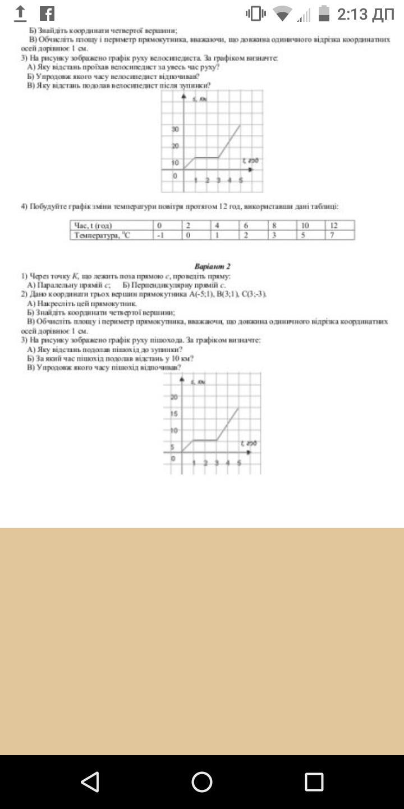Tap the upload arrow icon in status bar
tap(20, 13)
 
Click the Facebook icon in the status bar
tap(48, 13)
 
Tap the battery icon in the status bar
tap(324, 13)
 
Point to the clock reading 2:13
tap(365, 14)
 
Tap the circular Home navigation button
tap(202, 781)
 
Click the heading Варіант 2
tap(212, 266)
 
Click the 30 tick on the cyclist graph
tap(175, 129)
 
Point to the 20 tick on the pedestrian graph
tap(174, 397)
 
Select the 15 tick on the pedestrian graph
tap(174, 414)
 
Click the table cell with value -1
tap(161, 235)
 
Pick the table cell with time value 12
tap(334, 226)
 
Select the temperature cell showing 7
tap(333, 235)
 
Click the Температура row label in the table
tap(102, 235)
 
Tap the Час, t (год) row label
tap(93, 226)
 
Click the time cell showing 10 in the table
tap(305, 226)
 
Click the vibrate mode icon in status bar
tap(256, 13)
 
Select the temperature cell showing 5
tap(304, 235)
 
